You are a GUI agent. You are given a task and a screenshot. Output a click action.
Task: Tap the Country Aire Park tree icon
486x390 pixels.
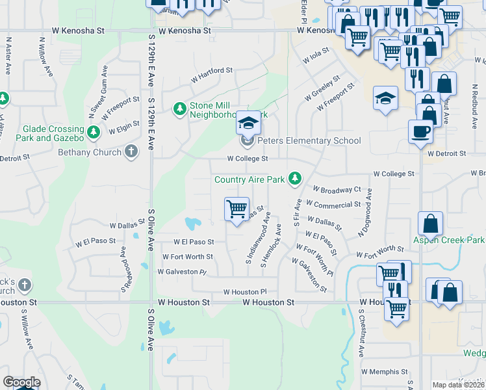point(296,177)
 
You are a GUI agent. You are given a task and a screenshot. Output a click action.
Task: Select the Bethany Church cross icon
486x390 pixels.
point(131,151)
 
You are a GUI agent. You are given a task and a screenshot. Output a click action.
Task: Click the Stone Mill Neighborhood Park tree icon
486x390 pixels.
point(180,109)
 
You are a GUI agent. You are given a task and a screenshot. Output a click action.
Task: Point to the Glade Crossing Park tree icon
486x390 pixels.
point(94,133)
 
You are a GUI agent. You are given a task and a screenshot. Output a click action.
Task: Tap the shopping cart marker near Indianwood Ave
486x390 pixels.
point(237,210)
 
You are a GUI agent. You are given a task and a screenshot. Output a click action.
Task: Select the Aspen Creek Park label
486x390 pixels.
point(449,240)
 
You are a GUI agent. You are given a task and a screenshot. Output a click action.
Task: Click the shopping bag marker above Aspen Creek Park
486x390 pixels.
point(431,224)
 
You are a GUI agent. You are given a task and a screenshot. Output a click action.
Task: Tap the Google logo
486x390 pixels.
point(21,382)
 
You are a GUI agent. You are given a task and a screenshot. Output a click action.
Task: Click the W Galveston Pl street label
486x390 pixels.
point(181,272)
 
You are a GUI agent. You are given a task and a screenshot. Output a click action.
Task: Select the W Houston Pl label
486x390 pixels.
point(245,292)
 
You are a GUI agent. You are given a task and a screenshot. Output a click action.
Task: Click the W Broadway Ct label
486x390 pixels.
point(337,190)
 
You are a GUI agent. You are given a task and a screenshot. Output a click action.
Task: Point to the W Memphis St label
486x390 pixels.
point(383,372)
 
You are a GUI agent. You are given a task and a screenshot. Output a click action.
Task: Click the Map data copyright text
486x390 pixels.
point(459,385)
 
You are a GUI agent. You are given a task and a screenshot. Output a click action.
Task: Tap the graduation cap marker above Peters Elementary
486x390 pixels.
point(247,122)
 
